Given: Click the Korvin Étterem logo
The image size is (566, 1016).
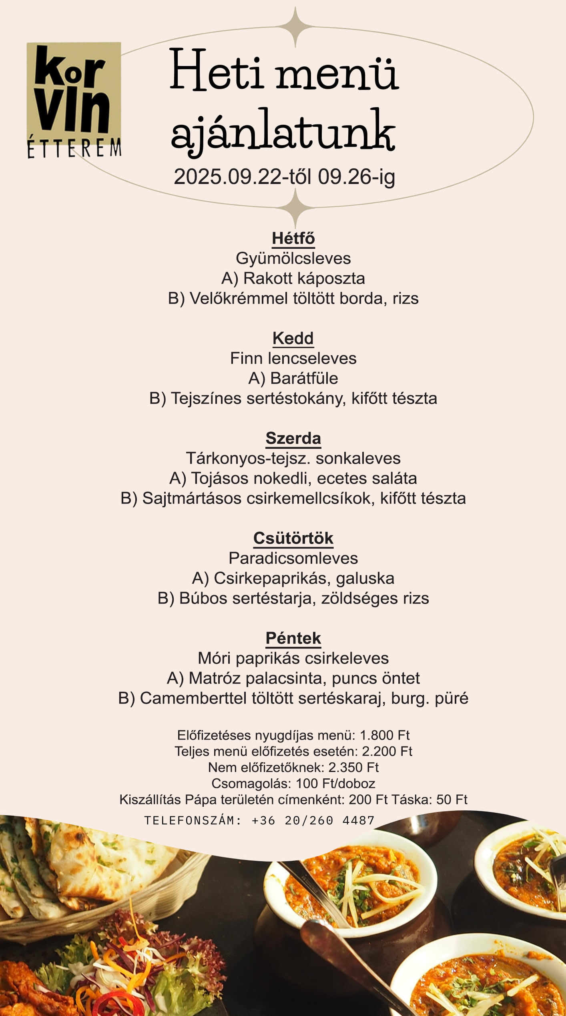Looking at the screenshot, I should (74, 100).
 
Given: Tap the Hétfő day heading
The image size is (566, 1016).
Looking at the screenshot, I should (293, 238).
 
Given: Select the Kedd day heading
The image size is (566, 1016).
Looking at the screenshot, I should (293, 338).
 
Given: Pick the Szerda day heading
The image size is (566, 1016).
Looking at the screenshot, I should (293, 438).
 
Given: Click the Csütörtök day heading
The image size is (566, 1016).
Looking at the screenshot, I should (293, 538).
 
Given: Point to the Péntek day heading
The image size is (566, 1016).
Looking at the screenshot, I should (293, 638).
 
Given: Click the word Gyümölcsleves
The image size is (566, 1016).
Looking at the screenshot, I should (293, 258).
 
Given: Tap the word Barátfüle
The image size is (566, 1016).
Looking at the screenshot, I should (304, 378).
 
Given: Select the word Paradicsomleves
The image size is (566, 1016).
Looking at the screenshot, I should (293, 558).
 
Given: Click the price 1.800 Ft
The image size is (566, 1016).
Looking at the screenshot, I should (384, 735).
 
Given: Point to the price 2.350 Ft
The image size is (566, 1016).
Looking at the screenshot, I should (353, 767).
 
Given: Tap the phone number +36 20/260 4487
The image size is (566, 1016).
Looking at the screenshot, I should (313, 820).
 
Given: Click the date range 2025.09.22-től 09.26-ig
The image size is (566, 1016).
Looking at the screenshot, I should (284, 177).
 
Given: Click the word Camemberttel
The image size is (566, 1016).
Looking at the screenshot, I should (193, 698).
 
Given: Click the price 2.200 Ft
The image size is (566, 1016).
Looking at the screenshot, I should (387, 751).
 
